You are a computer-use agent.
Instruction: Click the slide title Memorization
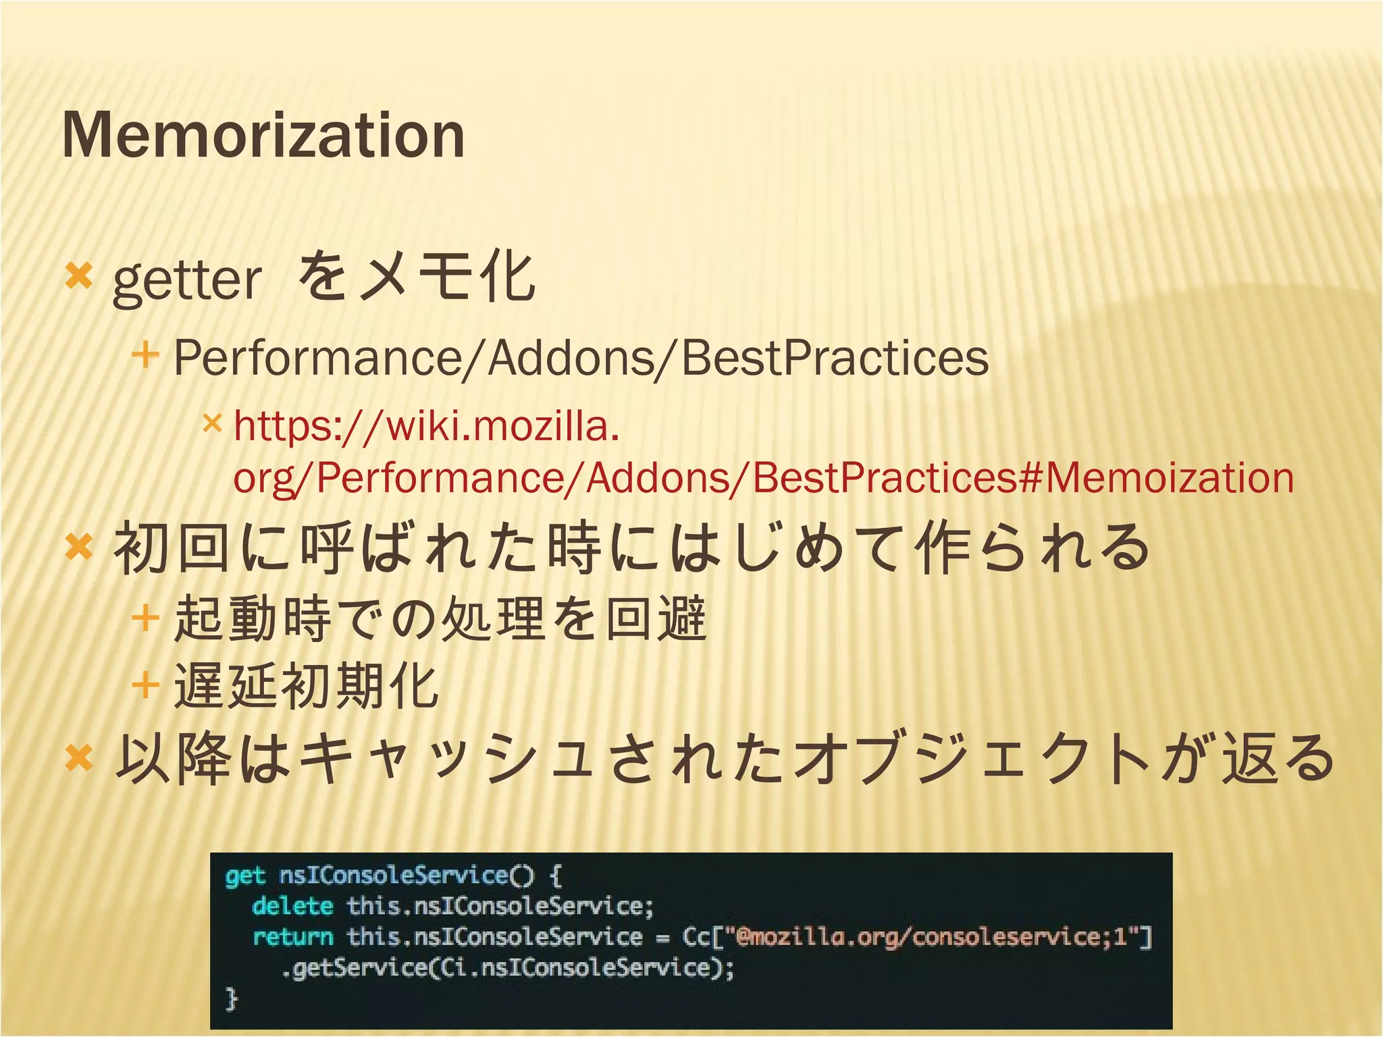tap(263, 135)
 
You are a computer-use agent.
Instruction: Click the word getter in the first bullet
tap(186, 280)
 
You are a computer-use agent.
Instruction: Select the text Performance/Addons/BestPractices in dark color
tap(581, 358)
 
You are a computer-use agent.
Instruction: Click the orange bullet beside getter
tap(78, 276)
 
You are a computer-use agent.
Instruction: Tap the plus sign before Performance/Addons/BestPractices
tap(145, 354)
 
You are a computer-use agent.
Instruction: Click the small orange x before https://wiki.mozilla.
tap(212, 423)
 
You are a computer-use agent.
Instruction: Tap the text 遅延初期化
tap(307, 686)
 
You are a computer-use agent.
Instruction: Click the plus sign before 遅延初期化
tap(145, 686)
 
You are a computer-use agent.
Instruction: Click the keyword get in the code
tap(245, 876)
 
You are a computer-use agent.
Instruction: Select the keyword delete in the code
tap(292, 906)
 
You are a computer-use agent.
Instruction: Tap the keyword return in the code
tap(292, 937)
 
